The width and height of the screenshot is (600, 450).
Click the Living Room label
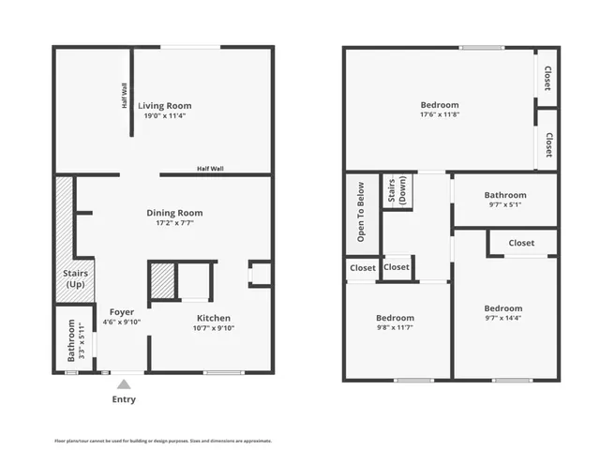(x=165, y=106)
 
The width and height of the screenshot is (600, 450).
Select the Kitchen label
(x=214, y=318)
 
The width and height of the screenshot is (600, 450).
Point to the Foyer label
(x=121, y=311)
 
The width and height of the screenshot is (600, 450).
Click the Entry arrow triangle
(x=123, y=383)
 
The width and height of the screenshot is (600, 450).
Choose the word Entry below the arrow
(x=124, y=399)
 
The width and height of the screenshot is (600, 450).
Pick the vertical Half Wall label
(x=125, y=96)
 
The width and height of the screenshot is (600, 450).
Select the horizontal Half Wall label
(x=210, y=169)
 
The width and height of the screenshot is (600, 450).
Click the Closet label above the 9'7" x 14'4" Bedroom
(x=521, y=243)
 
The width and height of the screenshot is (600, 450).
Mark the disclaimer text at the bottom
(x=163, y=440)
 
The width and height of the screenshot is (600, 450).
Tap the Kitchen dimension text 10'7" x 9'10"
(x=214, y=327)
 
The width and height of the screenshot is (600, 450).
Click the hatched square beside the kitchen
(x=163, y=281)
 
